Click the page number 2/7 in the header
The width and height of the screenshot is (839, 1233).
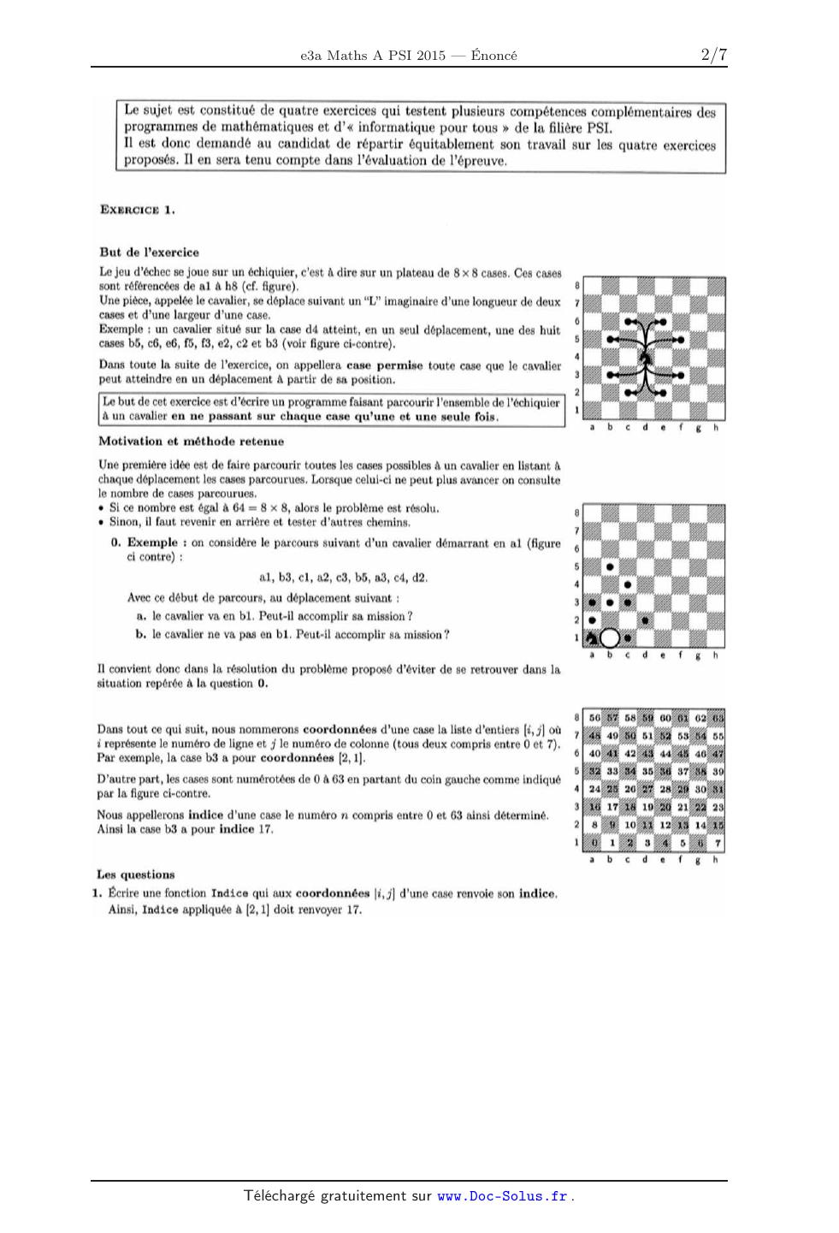coord(713,56)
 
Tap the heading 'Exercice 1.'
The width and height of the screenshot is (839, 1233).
coord(138,210)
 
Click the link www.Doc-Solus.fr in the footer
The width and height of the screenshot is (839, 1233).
coord(502,1196)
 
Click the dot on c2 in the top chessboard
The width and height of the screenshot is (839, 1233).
coord(628,392)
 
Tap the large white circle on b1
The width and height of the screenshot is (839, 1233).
coord(610,637)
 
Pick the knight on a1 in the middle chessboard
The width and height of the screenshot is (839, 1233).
coord(591,637)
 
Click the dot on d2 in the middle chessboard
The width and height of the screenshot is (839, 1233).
coord(646,619)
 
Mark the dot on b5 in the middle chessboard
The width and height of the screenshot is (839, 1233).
coord(610,566)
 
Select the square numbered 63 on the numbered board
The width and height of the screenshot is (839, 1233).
coord(718,718)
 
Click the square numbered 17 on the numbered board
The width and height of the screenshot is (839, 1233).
coord(612,807)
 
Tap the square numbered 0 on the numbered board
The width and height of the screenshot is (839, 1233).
coord(594,843)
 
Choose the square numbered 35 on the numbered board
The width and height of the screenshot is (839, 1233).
coord(647,771)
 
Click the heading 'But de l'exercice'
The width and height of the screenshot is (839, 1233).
coord(150,252)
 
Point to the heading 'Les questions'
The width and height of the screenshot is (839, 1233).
coord(135,874)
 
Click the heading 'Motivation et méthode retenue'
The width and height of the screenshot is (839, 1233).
coord(191,442)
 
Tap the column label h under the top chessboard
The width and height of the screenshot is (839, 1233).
coord(717,428)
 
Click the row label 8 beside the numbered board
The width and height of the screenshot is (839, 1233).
coord(577,717)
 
